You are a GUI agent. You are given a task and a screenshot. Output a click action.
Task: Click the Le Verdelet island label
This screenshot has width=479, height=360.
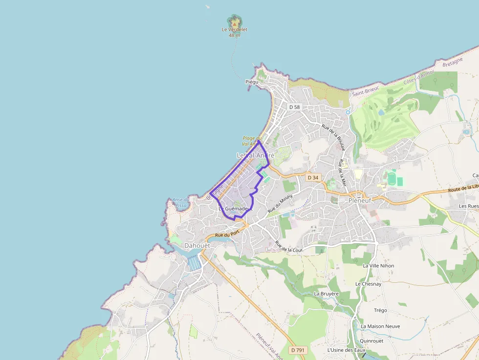coord(235,30)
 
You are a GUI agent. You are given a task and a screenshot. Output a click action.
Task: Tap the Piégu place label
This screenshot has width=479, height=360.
coord(252,82)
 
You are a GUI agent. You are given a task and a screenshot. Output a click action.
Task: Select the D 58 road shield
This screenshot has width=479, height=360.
coord(294,107)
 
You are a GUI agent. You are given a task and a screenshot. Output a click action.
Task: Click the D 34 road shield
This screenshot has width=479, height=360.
coord(313,177)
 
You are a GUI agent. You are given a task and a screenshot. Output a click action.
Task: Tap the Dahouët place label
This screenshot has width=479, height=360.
coord(197,245)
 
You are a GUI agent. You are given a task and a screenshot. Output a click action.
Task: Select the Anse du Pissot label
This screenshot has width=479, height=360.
coord(181,202)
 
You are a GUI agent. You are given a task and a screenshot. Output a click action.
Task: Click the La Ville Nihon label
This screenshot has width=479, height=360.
coord(378,266)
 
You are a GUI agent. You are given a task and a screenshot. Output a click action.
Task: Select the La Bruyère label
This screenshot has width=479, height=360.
coord(327,294)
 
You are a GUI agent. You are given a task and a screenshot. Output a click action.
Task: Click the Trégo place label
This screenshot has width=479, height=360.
coord(380,310)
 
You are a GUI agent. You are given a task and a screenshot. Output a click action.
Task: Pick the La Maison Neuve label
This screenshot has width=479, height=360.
coord(380,326)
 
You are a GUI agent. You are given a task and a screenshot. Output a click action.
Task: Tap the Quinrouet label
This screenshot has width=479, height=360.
coord(371,341)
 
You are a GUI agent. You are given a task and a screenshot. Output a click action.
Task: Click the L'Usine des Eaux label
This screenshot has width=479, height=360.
coord(347,350)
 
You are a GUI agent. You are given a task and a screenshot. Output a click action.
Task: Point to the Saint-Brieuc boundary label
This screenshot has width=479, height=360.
coord(366,89)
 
